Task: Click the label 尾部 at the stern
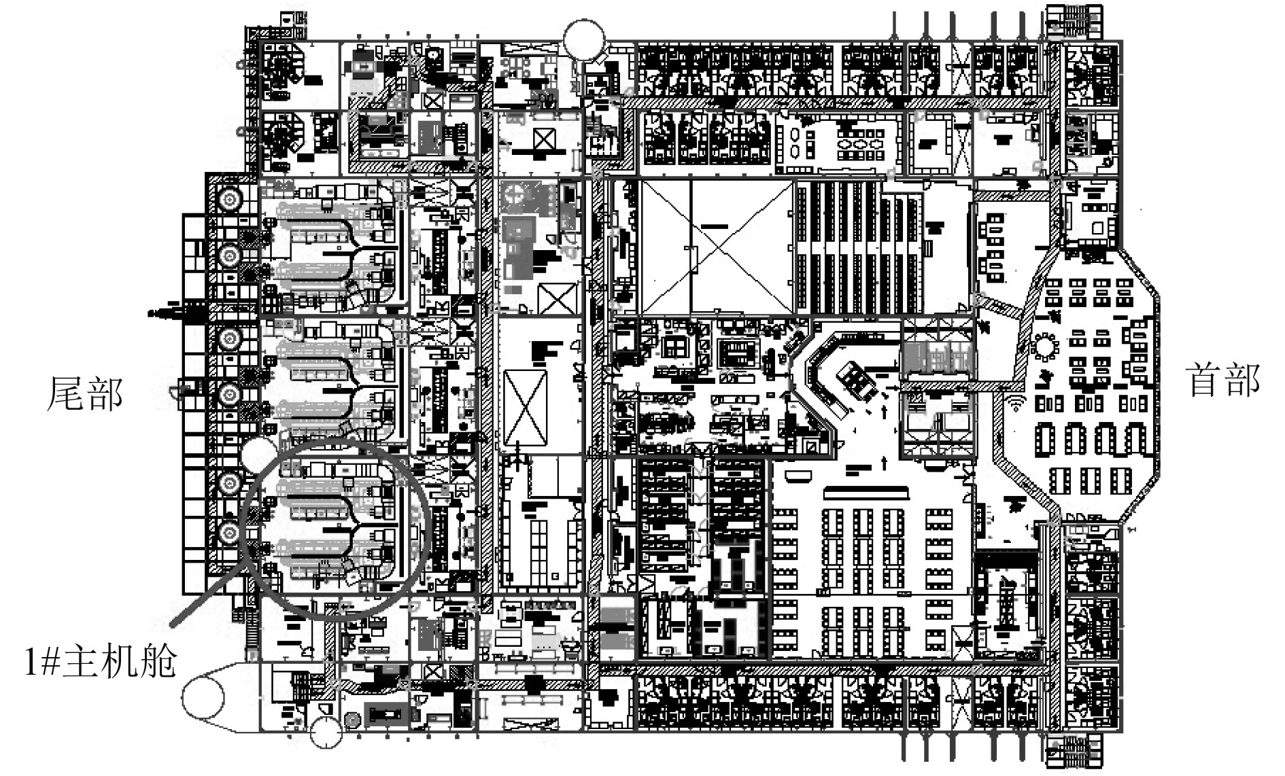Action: [84, 394]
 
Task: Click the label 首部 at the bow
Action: [1223, 380]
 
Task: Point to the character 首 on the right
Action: [1205, 380]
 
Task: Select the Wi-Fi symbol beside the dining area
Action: [1016, 403]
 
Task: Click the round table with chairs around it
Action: [1045, 349]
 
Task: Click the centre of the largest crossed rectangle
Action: [717, 246]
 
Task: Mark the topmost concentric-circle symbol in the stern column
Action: [229, 200]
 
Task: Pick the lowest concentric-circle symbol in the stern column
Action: [229, 533]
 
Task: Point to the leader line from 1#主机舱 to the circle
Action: [207, 589]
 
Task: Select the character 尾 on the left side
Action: [65, 394]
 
